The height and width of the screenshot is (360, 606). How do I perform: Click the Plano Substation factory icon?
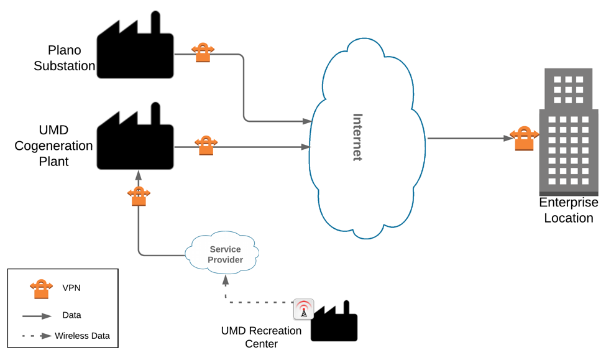[135, 51]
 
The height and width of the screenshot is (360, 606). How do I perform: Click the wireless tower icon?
[303, 309]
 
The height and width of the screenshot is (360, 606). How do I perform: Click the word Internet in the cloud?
[357, 137]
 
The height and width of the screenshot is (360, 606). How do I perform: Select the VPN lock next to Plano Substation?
[203, 52]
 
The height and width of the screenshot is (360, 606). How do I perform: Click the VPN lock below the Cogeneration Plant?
[139, 196]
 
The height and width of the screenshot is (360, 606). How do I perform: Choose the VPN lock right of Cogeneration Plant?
[206, 145]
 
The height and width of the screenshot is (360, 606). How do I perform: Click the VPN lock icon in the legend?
[41, 288]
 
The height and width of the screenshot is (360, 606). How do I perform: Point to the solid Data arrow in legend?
[38, 316]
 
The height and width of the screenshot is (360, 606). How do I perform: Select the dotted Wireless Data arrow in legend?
[37, 336]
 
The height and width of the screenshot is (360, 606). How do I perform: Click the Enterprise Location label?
[568, 210]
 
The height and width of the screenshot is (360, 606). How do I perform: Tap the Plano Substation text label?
[64, 58]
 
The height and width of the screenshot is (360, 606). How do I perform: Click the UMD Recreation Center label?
[261, 337]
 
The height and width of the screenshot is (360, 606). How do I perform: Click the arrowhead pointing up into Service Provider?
[226, 280]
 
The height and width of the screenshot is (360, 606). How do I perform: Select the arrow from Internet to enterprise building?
[469, 139]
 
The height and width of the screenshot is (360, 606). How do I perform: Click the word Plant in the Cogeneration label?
[53, 162]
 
